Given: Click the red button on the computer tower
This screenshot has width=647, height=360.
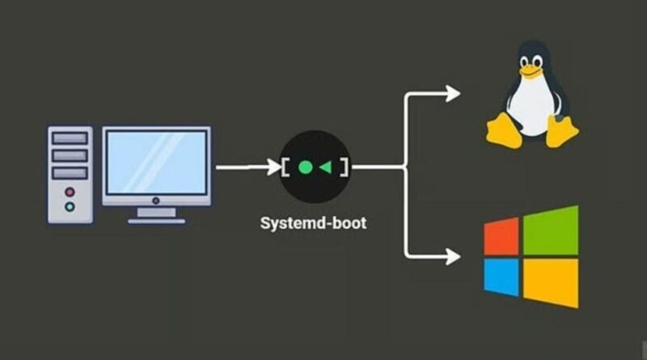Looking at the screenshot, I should coord(70,193).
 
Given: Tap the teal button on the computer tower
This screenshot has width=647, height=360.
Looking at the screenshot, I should coord(70,206).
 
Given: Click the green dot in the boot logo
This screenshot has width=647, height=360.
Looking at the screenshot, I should coord(305,168).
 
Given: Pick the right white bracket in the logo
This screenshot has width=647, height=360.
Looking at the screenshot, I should coord(345,168).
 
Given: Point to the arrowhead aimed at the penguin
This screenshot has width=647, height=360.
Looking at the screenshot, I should coord(453,94).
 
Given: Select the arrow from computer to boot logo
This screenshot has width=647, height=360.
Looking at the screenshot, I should coord(247,168).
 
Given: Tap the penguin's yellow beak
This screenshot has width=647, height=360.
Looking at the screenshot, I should coord(529,71).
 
